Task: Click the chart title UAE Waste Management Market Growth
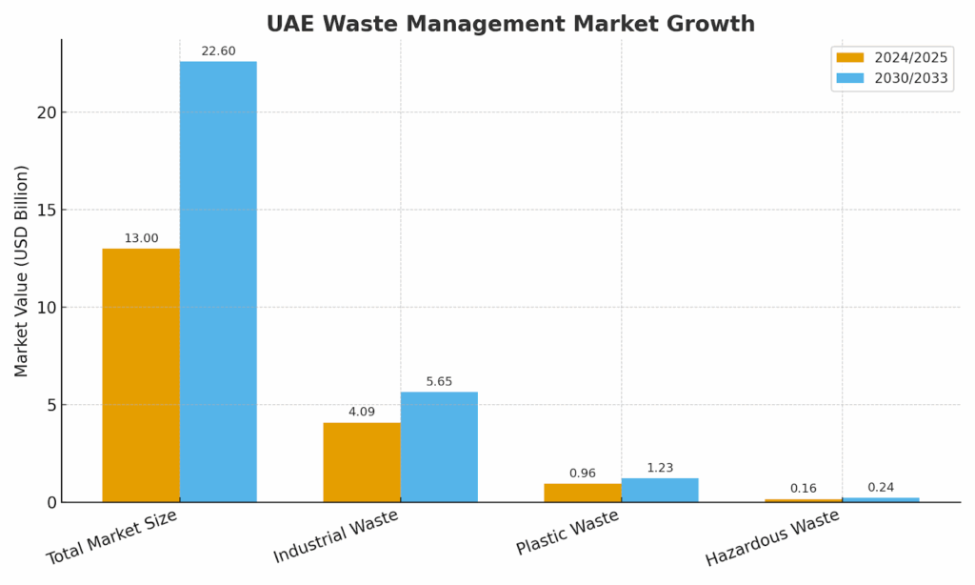510,24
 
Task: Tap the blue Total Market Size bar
218,281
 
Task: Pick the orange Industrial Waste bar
362,462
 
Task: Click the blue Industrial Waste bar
439,447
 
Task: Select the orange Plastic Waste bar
583,493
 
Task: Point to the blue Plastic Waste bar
660,490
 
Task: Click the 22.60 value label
218,51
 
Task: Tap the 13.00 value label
141,238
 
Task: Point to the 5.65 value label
439,381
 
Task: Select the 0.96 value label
583,474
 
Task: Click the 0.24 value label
881,488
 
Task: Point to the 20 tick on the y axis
46,112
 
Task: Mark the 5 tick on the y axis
50,405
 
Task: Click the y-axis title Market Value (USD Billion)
22,271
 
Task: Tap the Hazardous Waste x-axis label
773,537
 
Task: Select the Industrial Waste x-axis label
336,536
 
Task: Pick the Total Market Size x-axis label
111,537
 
